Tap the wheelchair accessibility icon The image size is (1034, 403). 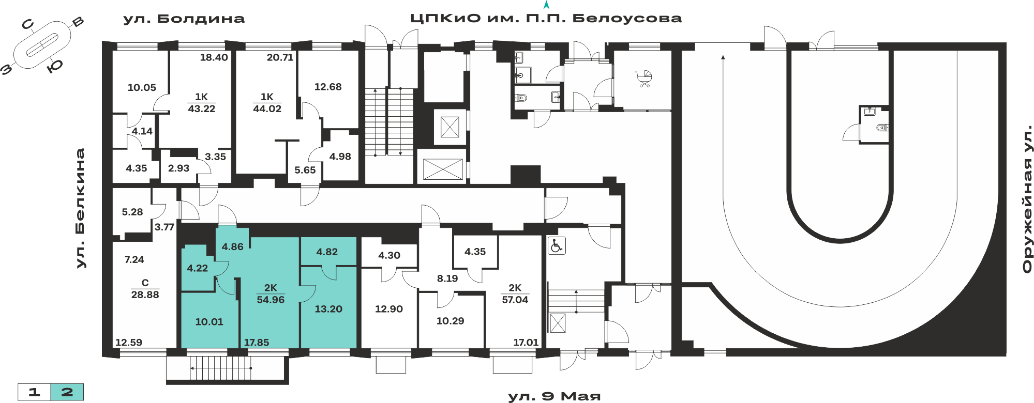[557, 245]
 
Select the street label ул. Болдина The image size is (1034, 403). [184, 19]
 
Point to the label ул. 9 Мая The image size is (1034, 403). [554, 397]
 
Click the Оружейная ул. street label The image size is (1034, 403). [1027, 199]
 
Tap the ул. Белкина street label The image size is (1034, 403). [80, 208]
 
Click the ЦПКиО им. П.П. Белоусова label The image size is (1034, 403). [546, 19]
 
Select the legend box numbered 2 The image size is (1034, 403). [67, 392]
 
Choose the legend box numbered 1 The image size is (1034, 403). [34, 392]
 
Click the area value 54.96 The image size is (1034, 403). [271, 300]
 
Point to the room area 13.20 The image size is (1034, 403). [328, 309]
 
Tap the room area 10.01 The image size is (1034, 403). [209, 322]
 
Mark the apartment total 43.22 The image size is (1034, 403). [201, 109]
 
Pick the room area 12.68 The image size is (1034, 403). [328, 87]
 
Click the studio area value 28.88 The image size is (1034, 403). [145, 295]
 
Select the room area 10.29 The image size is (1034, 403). [450, 321]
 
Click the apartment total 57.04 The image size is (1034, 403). [515, 300]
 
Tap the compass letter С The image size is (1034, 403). [28, 24]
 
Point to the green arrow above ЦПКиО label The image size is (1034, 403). [546, 5]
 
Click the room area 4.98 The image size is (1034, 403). [340, 157]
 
